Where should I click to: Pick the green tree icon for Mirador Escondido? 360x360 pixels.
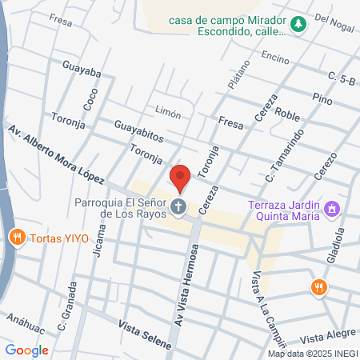pyautogui.click(x=298, y=25)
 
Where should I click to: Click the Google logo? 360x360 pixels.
pyautogui.click(x=27, y=350)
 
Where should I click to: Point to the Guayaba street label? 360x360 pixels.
pyautogui.click(x=81, y=71)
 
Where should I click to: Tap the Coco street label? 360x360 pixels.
pyautogui.click(x=88, y=98)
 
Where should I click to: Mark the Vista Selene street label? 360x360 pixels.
pyautogui.click(x=145, y=334)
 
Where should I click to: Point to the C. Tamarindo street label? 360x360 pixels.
pyautogui.click(x=282, y=151)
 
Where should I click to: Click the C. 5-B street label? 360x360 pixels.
pyautogui.click(x=341, y=77)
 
